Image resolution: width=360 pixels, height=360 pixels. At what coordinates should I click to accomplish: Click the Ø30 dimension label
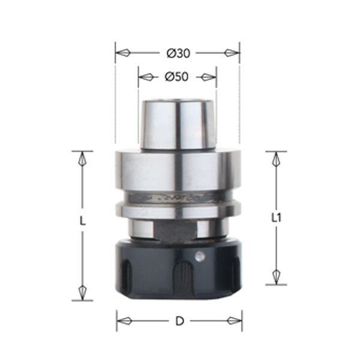(179, 53)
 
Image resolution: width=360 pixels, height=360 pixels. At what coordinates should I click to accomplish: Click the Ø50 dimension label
(177, 77)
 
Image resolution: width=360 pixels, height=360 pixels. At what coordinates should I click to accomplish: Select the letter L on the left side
(83, 221)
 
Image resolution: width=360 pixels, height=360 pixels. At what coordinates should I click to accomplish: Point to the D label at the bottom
(179, 321)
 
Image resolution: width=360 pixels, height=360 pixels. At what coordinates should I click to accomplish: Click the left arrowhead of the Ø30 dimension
(122, 53)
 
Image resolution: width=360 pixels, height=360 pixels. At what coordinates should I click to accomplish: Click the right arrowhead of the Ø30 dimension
(232, 53)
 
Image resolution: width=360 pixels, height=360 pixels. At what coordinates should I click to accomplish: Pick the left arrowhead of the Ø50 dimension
(146, 77)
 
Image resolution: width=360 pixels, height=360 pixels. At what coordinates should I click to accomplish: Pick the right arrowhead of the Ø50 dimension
(209, 77)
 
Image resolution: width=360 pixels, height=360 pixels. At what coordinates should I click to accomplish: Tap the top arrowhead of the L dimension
(83, 160)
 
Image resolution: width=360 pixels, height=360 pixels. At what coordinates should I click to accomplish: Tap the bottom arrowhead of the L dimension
(83, 292)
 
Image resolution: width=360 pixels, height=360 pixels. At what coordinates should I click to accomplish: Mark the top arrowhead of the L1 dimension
(276, 160)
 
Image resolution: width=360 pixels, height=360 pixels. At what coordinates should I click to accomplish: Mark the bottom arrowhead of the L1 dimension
(276, 276)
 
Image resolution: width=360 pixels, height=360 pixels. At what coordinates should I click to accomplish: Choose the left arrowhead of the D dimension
(124, 320)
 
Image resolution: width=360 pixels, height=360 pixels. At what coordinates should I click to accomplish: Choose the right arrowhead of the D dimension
(234, 320)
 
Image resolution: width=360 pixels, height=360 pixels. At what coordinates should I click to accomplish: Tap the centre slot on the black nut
(181, 277)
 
